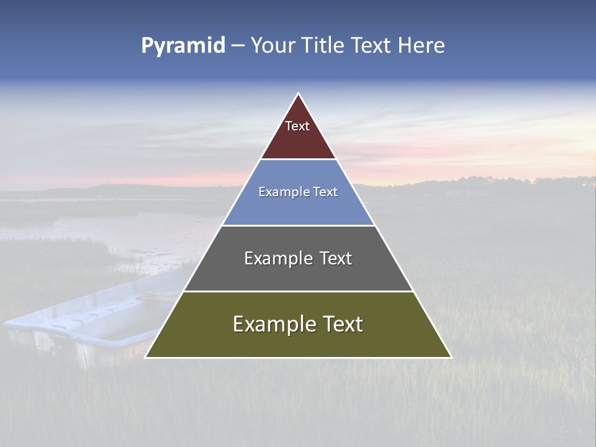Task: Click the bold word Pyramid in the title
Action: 183,45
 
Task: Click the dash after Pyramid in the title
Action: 238,46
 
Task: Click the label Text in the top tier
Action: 297,126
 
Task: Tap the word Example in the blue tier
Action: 281,192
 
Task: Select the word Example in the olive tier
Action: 274,324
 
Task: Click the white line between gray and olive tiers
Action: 298,291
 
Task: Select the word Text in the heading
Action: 372,45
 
